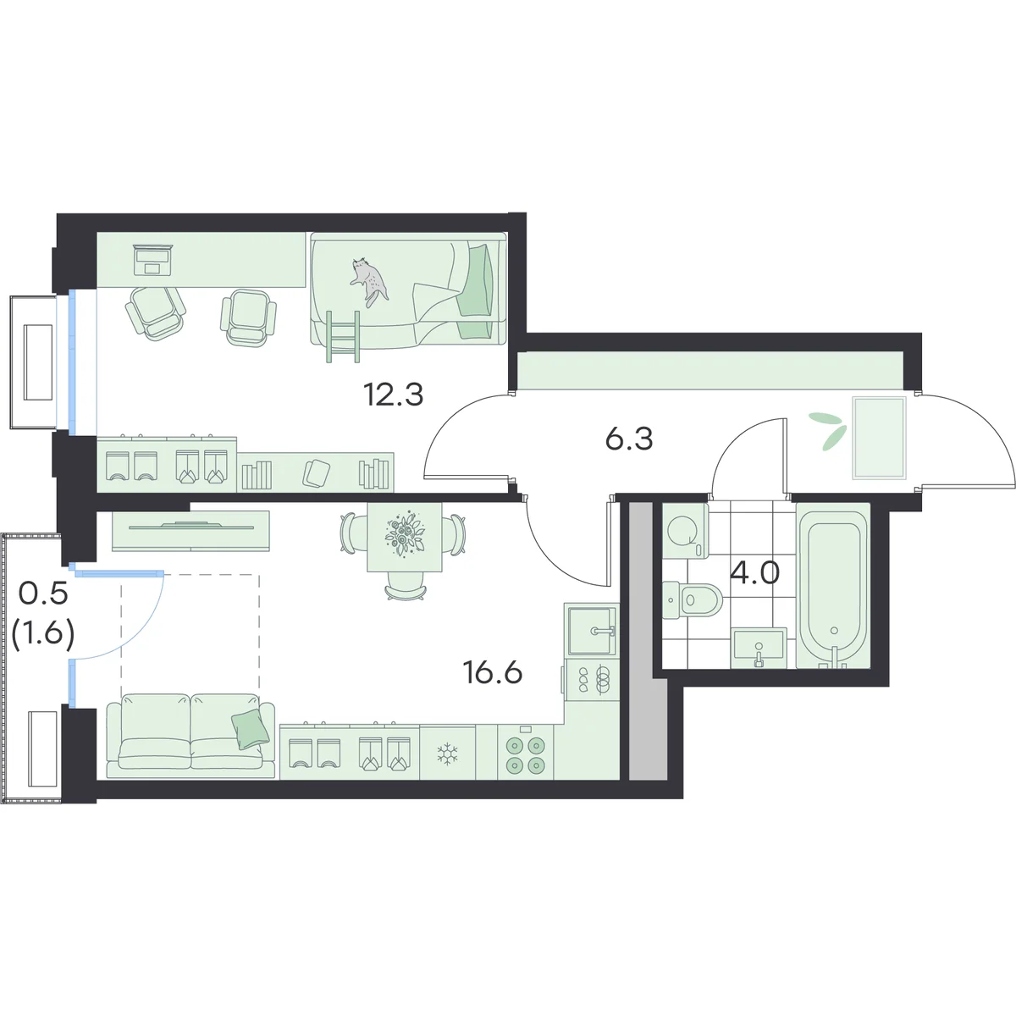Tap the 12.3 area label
[x=394, y=395]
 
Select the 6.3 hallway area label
[x=629, y=439]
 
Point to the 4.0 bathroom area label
[x=754, y=574]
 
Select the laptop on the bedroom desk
[x=152, y=259]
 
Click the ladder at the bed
[x=343, y=336]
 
